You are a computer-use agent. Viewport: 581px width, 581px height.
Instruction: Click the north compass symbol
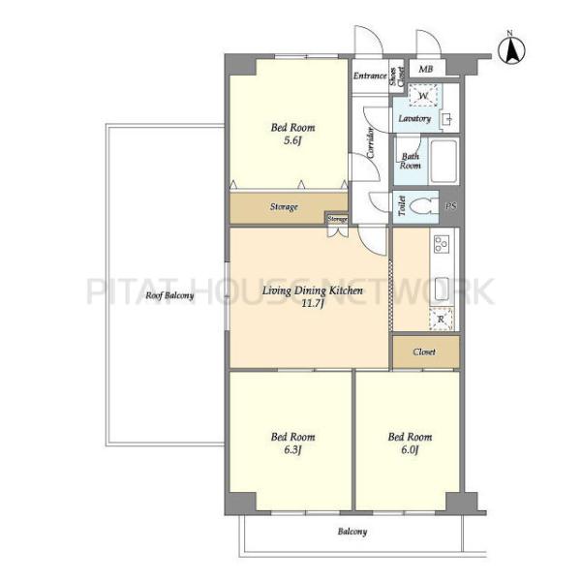pyautogui.click(x=511, y=49)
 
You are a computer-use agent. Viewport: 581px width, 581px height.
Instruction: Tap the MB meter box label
pyautogui.click(x=426, y=69)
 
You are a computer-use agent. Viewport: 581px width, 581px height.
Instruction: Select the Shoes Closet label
pyautogui.click(x=396, y=76)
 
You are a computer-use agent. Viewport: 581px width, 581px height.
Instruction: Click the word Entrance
pyautogui.click(x=370, y=76)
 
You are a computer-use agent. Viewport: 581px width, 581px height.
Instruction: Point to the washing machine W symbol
pyautogui.click(x=423, y=95)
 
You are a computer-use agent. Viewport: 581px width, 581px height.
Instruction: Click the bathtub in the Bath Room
pyautogui.click(x=443, y=161)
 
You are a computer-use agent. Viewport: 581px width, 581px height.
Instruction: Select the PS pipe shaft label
pyautogui.click(x=451, y=206)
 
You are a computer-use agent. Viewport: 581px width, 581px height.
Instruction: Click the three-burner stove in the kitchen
pyautogui.click(x=442, y=244)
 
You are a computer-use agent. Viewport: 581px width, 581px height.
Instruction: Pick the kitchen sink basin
pyautogui.click(x=442, y=289)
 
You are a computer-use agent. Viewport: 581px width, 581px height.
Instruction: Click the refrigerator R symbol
pyautogui.click(x=441, y=319)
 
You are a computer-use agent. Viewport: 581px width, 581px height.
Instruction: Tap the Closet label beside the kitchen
pyautogui.click(x=424, y=352)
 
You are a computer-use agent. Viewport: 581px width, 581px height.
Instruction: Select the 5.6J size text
pyautogui.click(x=292, y=140)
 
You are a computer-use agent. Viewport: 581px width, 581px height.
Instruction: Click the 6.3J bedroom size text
pyautogui.click(x=292, y=450)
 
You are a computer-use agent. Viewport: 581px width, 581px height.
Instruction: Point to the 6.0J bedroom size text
pyautogui.click(x=410, y=450)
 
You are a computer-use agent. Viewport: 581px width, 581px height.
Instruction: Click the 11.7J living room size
pyautogui.click(x=313, y=304)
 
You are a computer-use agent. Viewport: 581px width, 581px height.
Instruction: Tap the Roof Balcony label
pyautogui.click(x=169, y=295)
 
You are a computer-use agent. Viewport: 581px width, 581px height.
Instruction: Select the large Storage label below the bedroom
pyautogui.click(x=284, y=207)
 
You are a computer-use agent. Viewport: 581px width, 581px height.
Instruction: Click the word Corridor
pyautogui.click(x=371, y=142)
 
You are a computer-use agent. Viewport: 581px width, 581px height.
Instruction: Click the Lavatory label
pyautogui.click(x=414, y=118)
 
